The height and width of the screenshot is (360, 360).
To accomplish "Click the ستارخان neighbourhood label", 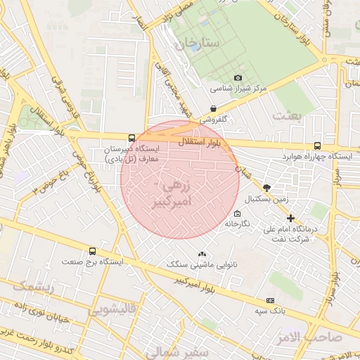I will click(199, 44).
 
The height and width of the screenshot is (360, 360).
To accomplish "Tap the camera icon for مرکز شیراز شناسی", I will click(238, 77).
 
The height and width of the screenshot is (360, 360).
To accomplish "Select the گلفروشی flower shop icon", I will click(213, 108).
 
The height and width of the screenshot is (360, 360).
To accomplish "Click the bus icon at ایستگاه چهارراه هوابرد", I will click(318, 144).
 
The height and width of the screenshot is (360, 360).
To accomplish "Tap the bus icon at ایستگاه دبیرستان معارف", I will click(132, 138).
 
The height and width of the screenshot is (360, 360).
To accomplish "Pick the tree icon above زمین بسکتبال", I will click(266, 187).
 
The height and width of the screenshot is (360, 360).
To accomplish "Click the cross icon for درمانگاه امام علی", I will click(290, 219).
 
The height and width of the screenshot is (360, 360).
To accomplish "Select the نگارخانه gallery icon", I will click(236, 213).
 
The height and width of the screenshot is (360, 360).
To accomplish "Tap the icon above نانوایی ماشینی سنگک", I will click(202, 254).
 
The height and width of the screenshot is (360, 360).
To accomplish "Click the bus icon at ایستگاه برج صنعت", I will click(92, 251).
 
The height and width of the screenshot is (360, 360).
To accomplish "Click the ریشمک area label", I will click(33, 287).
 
